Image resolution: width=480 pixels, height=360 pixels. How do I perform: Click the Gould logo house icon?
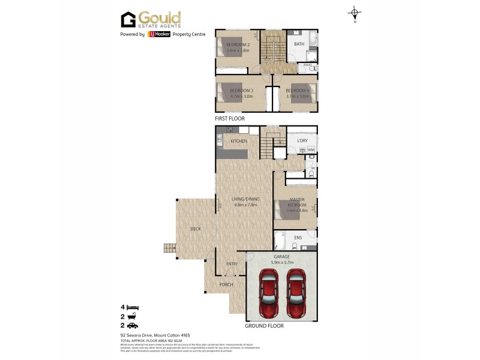point(128,20)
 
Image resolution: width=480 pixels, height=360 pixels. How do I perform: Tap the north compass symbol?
point(355,13)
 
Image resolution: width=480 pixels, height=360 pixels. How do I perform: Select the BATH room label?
point(298,44)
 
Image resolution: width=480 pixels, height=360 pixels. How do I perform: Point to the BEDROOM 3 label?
point(241,91)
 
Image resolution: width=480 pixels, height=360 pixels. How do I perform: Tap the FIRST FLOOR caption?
point(230,119)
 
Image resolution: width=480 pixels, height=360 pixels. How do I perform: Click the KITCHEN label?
point(239,141)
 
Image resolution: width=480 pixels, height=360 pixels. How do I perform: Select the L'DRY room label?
point(302,141)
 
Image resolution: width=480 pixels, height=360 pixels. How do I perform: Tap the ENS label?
point(298,238)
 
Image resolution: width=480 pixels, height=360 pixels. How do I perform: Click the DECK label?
point(195,229)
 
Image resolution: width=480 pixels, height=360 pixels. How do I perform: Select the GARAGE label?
point(281,257)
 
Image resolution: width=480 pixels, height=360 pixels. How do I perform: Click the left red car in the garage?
point(268,295)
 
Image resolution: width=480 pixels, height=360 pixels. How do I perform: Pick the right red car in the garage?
point(296,295)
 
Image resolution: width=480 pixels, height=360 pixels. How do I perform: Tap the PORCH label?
point(226,284)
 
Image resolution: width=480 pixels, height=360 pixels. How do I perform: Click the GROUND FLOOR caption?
point(264,326)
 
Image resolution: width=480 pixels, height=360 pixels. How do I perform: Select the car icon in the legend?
point(133,325)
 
